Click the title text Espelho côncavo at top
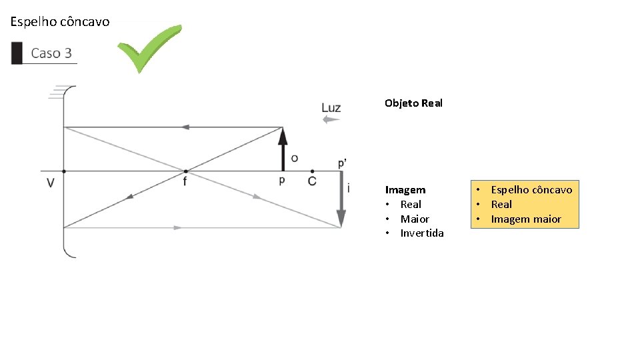[x=59, y=22]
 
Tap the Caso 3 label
[x=51, y=53]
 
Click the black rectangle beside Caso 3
[x=17, y=53]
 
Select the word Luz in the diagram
[x=331, y=107]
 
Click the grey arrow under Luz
[x=331, y=120]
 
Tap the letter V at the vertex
[x=51, y=182]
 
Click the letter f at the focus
[x=185, y=181]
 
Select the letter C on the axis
[x=312, y=181]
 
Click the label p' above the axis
[x=342, y=163]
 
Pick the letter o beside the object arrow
[x=295, y=158]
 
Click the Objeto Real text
[x=413, y=103]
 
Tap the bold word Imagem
[x=405, y=190]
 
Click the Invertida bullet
[x=421, y=233]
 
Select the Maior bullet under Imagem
[x=415, y=219]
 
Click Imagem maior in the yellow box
[x=526, y=219]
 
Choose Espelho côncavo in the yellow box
[x=531, y=190]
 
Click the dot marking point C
[x=312, y=171]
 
